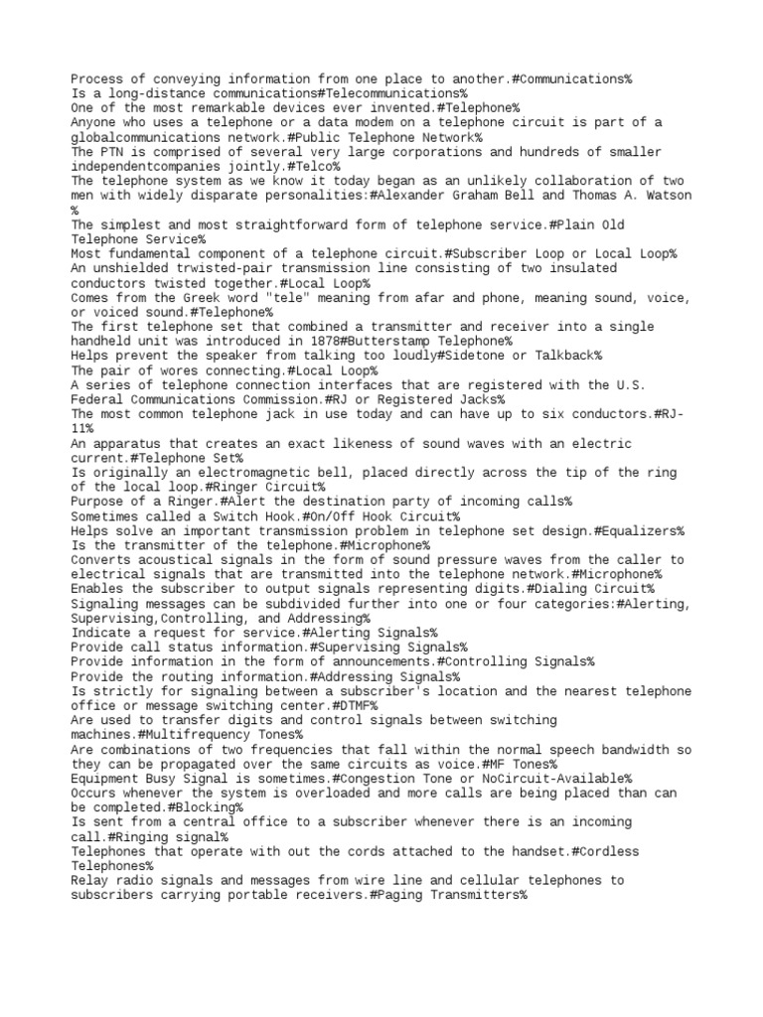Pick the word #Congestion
382,779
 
